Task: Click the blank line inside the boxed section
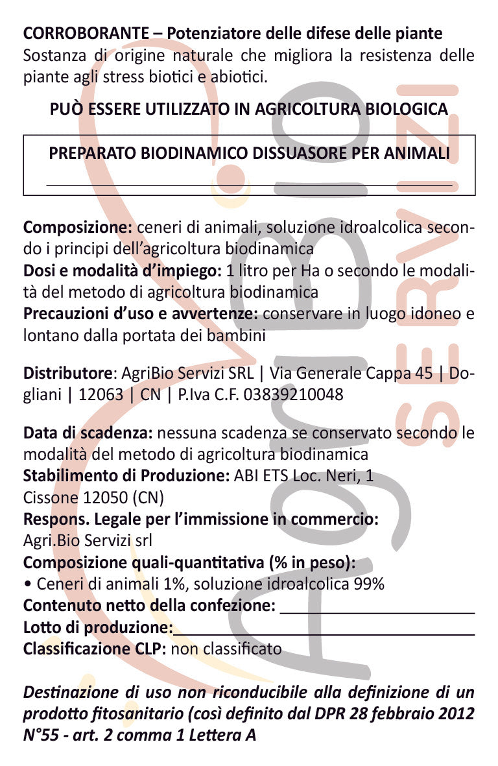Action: tap(249, 185)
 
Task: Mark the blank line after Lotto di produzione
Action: tap(324, 634)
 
